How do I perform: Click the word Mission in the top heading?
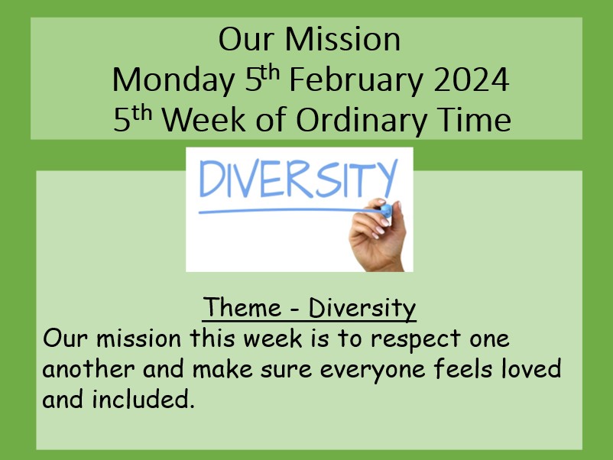(342, 40)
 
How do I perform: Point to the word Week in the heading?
(204, 119)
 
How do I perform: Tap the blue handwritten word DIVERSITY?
(298, 178)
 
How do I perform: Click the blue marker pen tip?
(385, 211)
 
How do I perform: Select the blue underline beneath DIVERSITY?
(289, 211)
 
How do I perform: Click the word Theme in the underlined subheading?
(242, 307)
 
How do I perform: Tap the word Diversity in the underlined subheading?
(362, 309)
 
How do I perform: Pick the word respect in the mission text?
(415, 339)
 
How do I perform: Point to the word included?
(143, 399)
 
